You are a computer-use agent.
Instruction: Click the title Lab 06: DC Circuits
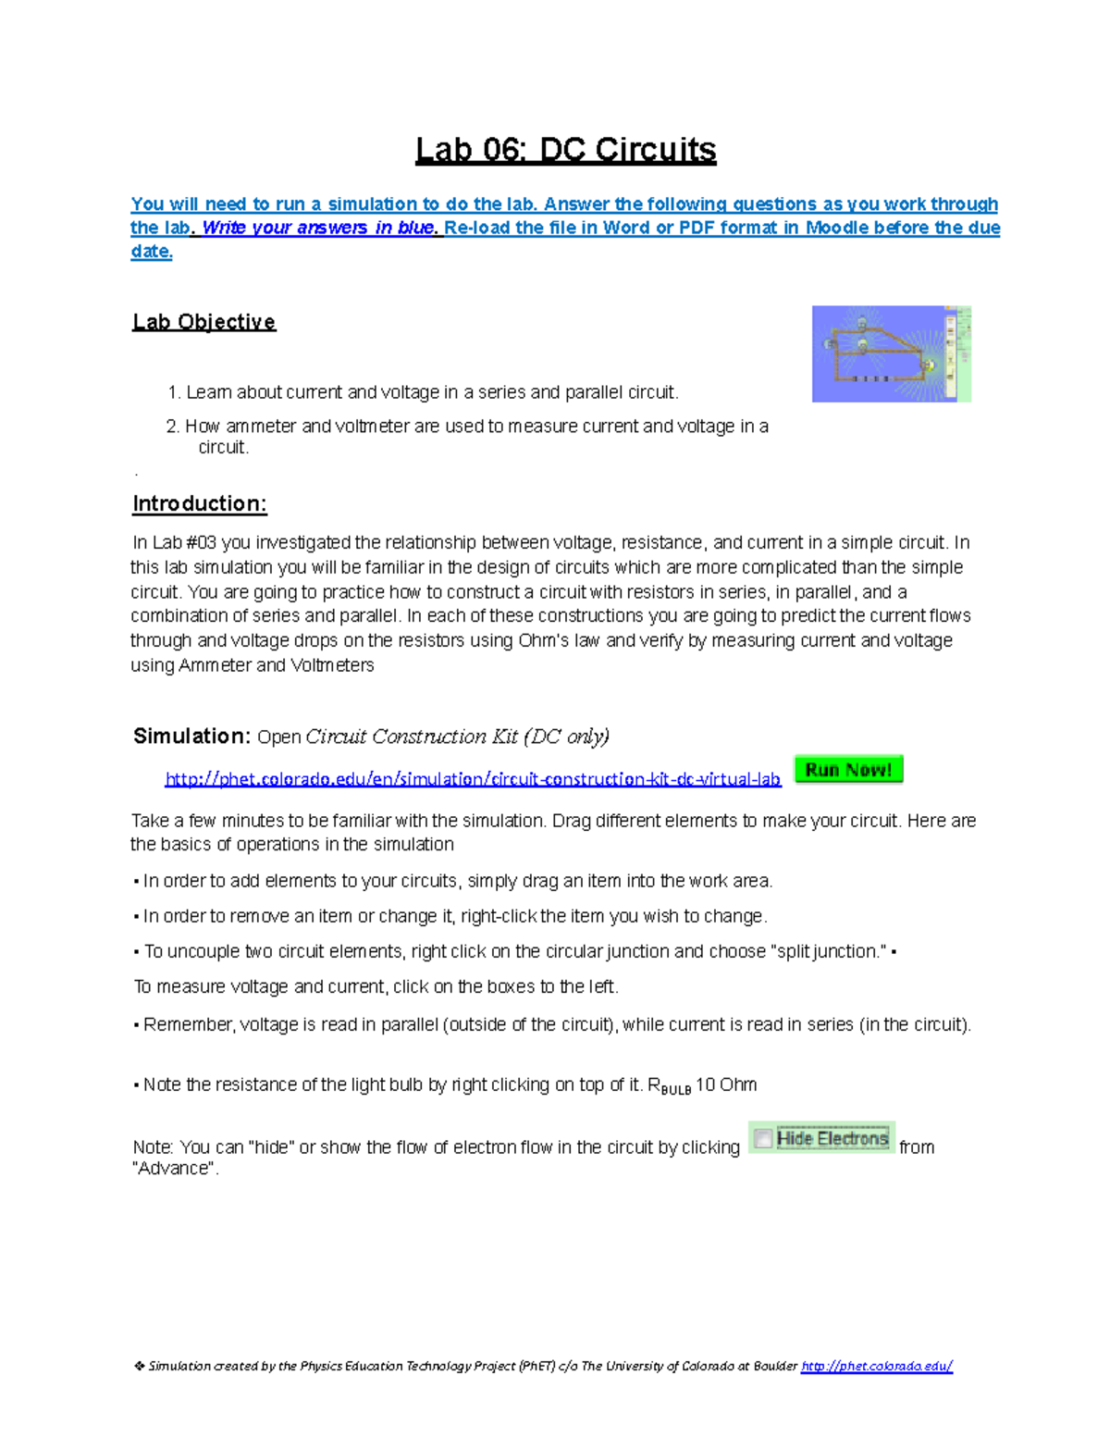[x=565, y=150]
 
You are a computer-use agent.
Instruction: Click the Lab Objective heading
[x=204, y=322]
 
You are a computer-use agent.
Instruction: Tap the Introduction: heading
[x=200, y=503]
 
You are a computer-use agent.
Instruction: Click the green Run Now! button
[x=848, y=770]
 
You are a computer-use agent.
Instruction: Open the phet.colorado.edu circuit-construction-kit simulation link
[x=473, y=779]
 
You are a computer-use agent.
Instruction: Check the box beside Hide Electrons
[x=763, y=1138]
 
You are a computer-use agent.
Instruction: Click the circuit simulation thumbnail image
[x=891, y=353]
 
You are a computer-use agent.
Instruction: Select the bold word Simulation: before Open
[x=191, y=737]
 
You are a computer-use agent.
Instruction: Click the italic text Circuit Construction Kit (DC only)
[x=457, y=737]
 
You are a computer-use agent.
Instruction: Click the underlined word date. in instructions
[x=152, y=252]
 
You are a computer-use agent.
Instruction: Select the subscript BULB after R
[x=675, y=1090]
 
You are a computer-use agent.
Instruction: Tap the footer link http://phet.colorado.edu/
[x=876, y=1366]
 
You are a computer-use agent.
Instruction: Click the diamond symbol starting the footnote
[x=139, y=1366]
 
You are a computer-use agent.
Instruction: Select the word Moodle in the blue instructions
[x=837, y=228]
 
